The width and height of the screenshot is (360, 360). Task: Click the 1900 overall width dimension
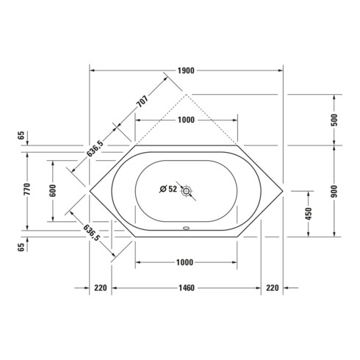click(x=186, y=71)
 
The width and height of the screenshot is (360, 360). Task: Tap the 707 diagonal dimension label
click(x=143, y=101)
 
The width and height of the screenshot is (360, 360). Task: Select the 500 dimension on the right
click(x=334, y=120)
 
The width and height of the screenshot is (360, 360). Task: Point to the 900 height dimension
click(x=334, y=191)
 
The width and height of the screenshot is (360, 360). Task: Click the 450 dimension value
click(x=309, y=214)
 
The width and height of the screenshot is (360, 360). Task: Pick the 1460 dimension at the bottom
click(x=187, y=288)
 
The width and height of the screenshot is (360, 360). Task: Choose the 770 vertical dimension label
click(x=27, y=189)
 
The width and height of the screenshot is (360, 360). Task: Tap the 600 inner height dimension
click(x=53, y=191)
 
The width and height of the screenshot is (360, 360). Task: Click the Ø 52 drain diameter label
click(x=168, y=189)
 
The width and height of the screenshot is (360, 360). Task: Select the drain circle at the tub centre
click(x=187, y=190)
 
